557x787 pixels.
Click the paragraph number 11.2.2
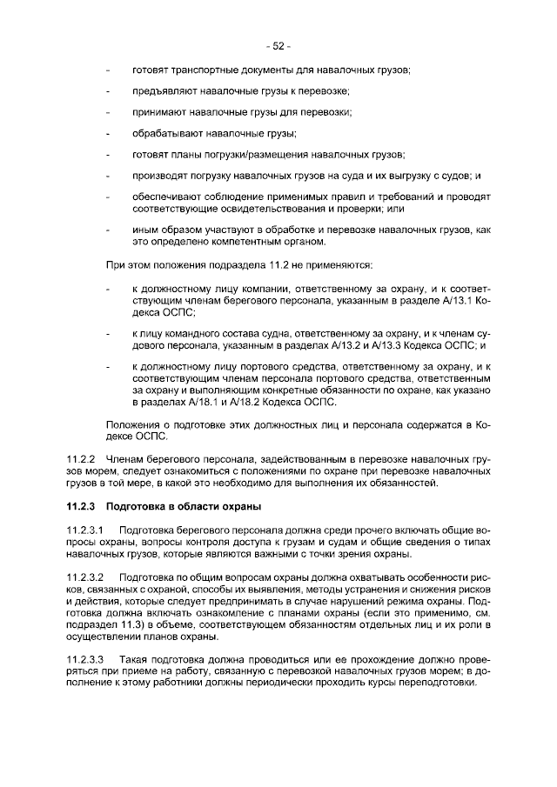(80, 458)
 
